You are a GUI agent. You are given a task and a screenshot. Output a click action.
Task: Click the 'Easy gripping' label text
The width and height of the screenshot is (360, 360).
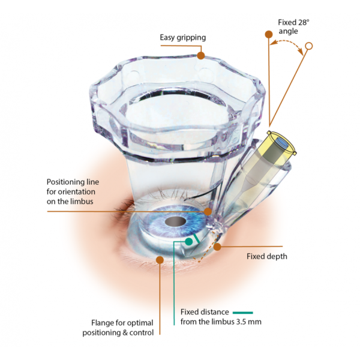click(x=183, y=38)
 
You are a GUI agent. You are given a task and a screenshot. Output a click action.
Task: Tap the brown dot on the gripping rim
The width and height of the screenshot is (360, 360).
click(x=201, y=56)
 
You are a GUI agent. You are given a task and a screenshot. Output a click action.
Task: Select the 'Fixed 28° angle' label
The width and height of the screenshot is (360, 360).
click(x=293, y=26)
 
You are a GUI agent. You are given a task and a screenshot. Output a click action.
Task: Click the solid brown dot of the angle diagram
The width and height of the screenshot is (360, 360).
click(x=269, y=34)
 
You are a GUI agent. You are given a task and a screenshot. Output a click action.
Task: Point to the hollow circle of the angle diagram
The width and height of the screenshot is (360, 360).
click(x=309, y=46)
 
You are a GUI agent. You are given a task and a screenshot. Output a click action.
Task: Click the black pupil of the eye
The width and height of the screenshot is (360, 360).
click(x=175, y=221)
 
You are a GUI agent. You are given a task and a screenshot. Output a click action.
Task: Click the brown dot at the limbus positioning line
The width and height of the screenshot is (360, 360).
click(x=208, y=211)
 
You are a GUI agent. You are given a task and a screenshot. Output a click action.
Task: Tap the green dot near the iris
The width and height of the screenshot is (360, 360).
click(x=189, y=242)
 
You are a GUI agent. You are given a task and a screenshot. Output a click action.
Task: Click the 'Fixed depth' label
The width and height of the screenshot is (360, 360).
click(x=267, y=256)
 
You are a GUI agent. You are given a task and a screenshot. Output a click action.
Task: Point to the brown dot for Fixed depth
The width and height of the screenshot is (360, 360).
click(x=217, y=247)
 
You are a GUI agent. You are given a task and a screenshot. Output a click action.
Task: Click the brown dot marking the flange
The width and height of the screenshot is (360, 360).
click(x=160, y=260)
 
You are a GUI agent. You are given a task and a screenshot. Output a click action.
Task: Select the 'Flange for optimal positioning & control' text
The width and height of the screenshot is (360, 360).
click(x=118, y=328)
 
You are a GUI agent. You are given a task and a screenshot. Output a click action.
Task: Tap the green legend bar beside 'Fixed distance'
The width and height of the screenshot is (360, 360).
click(x=242, y=313)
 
